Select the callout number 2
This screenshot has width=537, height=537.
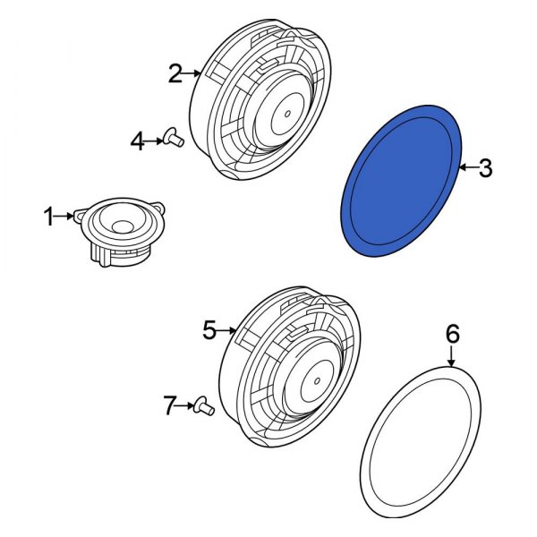coord(175,73)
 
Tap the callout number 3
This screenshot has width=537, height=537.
coord(484,167)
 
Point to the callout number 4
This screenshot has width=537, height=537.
coord(137,140)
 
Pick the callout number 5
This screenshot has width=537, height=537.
coord(209,331)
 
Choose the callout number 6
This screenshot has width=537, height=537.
coord(452,335)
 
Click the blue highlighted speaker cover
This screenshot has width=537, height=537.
coord(403,179)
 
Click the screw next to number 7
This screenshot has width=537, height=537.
coord(205,407)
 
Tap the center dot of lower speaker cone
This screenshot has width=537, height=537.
coord(316,381)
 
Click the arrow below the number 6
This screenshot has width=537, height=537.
coord(452,357)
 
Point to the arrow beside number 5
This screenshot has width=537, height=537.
coord(229,331)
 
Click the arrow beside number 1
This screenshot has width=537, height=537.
coord(67,215)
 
